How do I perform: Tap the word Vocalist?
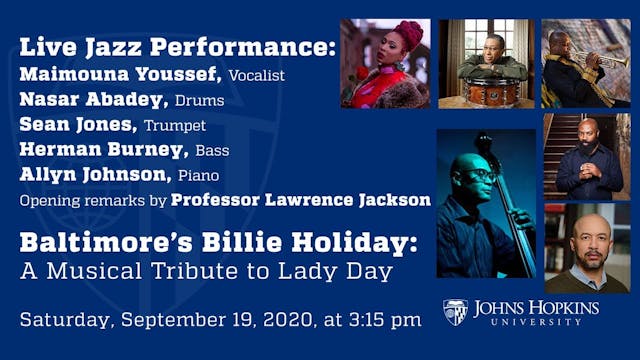257,75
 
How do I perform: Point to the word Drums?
200,101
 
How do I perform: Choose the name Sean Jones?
77,125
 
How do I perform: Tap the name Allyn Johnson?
95,175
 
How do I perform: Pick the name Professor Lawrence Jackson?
301,199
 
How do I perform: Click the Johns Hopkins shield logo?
455,311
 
